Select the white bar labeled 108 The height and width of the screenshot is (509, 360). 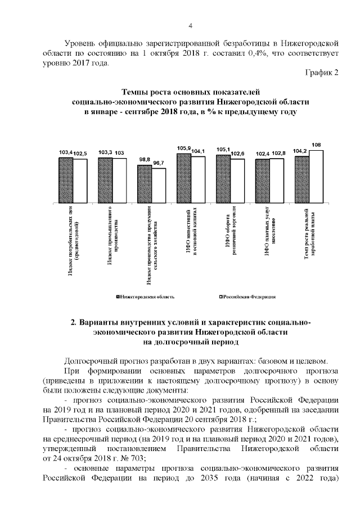coord(317,176)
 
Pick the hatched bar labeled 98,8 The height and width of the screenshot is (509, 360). coord(145,183)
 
